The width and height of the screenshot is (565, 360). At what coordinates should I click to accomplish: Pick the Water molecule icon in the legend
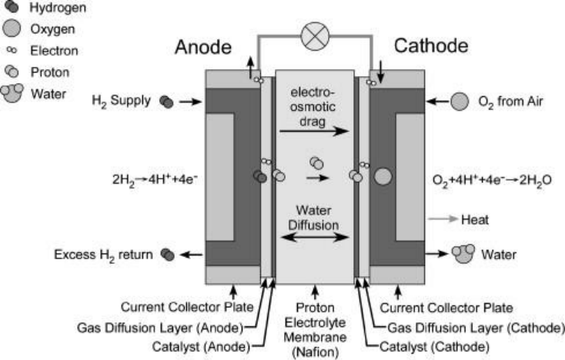[12, 92]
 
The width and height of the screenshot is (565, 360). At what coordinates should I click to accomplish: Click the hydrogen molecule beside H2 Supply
[166, 102]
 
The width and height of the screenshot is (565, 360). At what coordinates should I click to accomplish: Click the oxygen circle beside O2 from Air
[460, 101]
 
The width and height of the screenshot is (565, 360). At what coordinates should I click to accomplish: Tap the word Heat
[474, 219]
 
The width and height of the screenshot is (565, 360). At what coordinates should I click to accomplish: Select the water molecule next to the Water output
[463, 253]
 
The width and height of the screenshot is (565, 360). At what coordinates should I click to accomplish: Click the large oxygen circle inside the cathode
[383, 177]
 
